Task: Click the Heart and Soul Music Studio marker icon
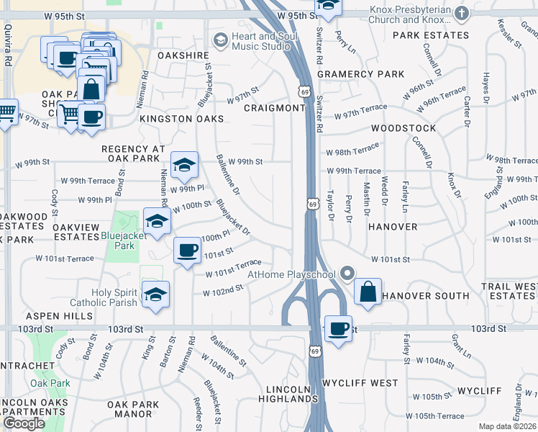(220, 39)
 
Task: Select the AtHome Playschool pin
(348, 274)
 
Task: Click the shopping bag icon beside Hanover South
(368, 292)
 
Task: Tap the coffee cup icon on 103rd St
(338, 329)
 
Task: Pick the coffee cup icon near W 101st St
(188, 251)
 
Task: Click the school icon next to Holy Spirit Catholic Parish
(155, 295)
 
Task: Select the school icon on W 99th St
(184, 165)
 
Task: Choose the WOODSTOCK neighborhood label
(403, 128)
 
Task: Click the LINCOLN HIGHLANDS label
(288, 394)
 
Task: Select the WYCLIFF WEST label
(360, 382)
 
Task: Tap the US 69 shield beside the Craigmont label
(305, 91)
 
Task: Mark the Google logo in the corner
(24, 423)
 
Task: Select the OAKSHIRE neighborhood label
(183, 55)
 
